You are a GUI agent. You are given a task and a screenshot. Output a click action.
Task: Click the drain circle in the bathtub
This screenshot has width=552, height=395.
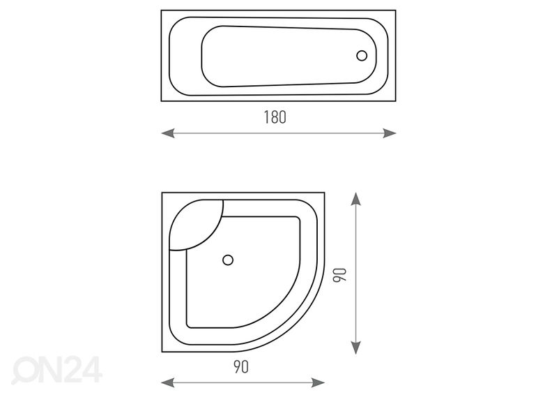click(x=362, y=56)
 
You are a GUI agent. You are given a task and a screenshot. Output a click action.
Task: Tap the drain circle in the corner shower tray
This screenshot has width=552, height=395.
click(x=228, y=260)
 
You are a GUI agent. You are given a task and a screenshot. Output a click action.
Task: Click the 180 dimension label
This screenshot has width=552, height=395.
click(x=275, y=117)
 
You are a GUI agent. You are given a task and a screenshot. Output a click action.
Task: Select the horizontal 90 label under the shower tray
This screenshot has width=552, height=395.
click(x=241, y=367)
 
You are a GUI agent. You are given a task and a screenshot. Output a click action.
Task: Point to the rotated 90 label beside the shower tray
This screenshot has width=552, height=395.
click(x=340, y=275)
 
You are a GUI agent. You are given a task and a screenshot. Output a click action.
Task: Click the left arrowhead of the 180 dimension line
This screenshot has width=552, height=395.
click(x=168, y=133)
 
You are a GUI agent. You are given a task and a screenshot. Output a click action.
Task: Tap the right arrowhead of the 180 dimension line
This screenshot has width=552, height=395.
click(x=390, y=133)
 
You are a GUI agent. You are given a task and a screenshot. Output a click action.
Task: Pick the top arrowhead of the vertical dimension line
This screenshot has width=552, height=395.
click(x=356, y=199)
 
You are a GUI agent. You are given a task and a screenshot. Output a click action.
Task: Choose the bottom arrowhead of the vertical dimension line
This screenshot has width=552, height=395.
click(x=356, y=348)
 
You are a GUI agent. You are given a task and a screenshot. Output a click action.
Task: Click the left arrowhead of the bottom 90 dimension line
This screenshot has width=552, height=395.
click(x=168, y=382)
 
